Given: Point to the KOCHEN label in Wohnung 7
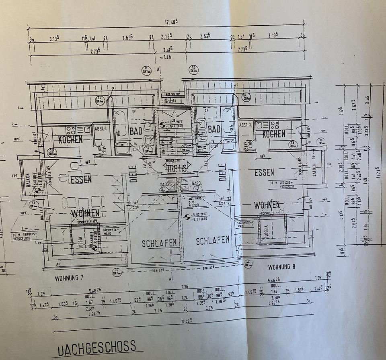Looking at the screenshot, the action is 70,140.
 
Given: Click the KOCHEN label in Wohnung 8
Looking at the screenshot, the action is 274,134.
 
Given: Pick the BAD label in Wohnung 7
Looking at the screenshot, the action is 136,131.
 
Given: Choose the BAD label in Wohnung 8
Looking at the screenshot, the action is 214,129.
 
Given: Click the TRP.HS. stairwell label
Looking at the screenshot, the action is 177,169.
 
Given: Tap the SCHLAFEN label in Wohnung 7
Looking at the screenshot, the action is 160,243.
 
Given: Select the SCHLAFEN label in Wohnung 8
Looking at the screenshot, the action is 213,241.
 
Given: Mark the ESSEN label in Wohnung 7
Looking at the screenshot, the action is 80,180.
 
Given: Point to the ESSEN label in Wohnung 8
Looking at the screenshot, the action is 264,172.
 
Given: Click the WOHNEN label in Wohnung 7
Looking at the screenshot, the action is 85,213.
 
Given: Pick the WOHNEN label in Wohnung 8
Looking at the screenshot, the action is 267,205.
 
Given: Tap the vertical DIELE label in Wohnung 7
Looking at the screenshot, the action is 134,174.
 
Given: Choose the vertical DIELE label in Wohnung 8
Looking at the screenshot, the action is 223,172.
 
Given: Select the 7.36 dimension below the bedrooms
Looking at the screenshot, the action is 185,286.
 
